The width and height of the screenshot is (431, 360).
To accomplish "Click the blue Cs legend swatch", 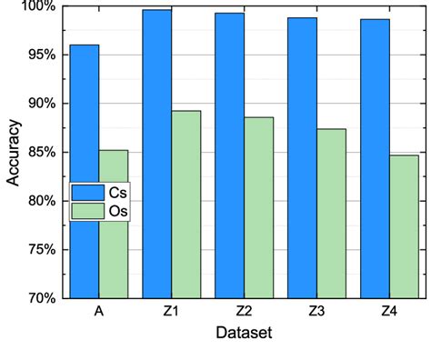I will click(89, 193).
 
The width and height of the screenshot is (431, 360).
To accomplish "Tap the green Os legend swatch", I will click(89, 211).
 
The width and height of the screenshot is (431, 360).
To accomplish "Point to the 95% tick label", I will click(42, 55).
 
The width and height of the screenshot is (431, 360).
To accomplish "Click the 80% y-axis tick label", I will click(42, 201).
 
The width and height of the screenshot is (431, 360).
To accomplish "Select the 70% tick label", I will click(42, 298).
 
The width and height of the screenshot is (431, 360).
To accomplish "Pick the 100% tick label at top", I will click(39, 7).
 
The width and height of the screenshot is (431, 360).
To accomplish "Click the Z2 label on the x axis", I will click(244, 312).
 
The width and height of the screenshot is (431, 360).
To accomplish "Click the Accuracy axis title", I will click(13, 152).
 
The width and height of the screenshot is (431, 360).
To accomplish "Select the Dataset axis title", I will click(244, 334).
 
